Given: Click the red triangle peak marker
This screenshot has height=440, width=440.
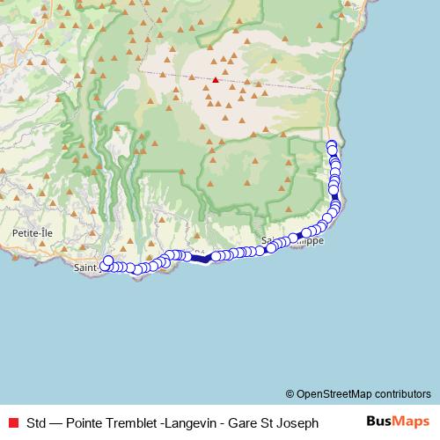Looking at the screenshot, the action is point(216,79).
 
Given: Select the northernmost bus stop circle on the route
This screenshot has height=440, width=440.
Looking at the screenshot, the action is point(331,145).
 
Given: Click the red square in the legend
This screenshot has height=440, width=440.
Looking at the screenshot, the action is point(13,422).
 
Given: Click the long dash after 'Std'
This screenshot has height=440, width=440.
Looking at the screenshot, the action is point(57,422).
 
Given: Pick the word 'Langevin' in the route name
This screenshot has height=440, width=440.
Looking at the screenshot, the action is point(190,422).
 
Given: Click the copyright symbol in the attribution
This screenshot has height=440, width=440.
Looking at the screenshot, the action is point(290,393).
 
